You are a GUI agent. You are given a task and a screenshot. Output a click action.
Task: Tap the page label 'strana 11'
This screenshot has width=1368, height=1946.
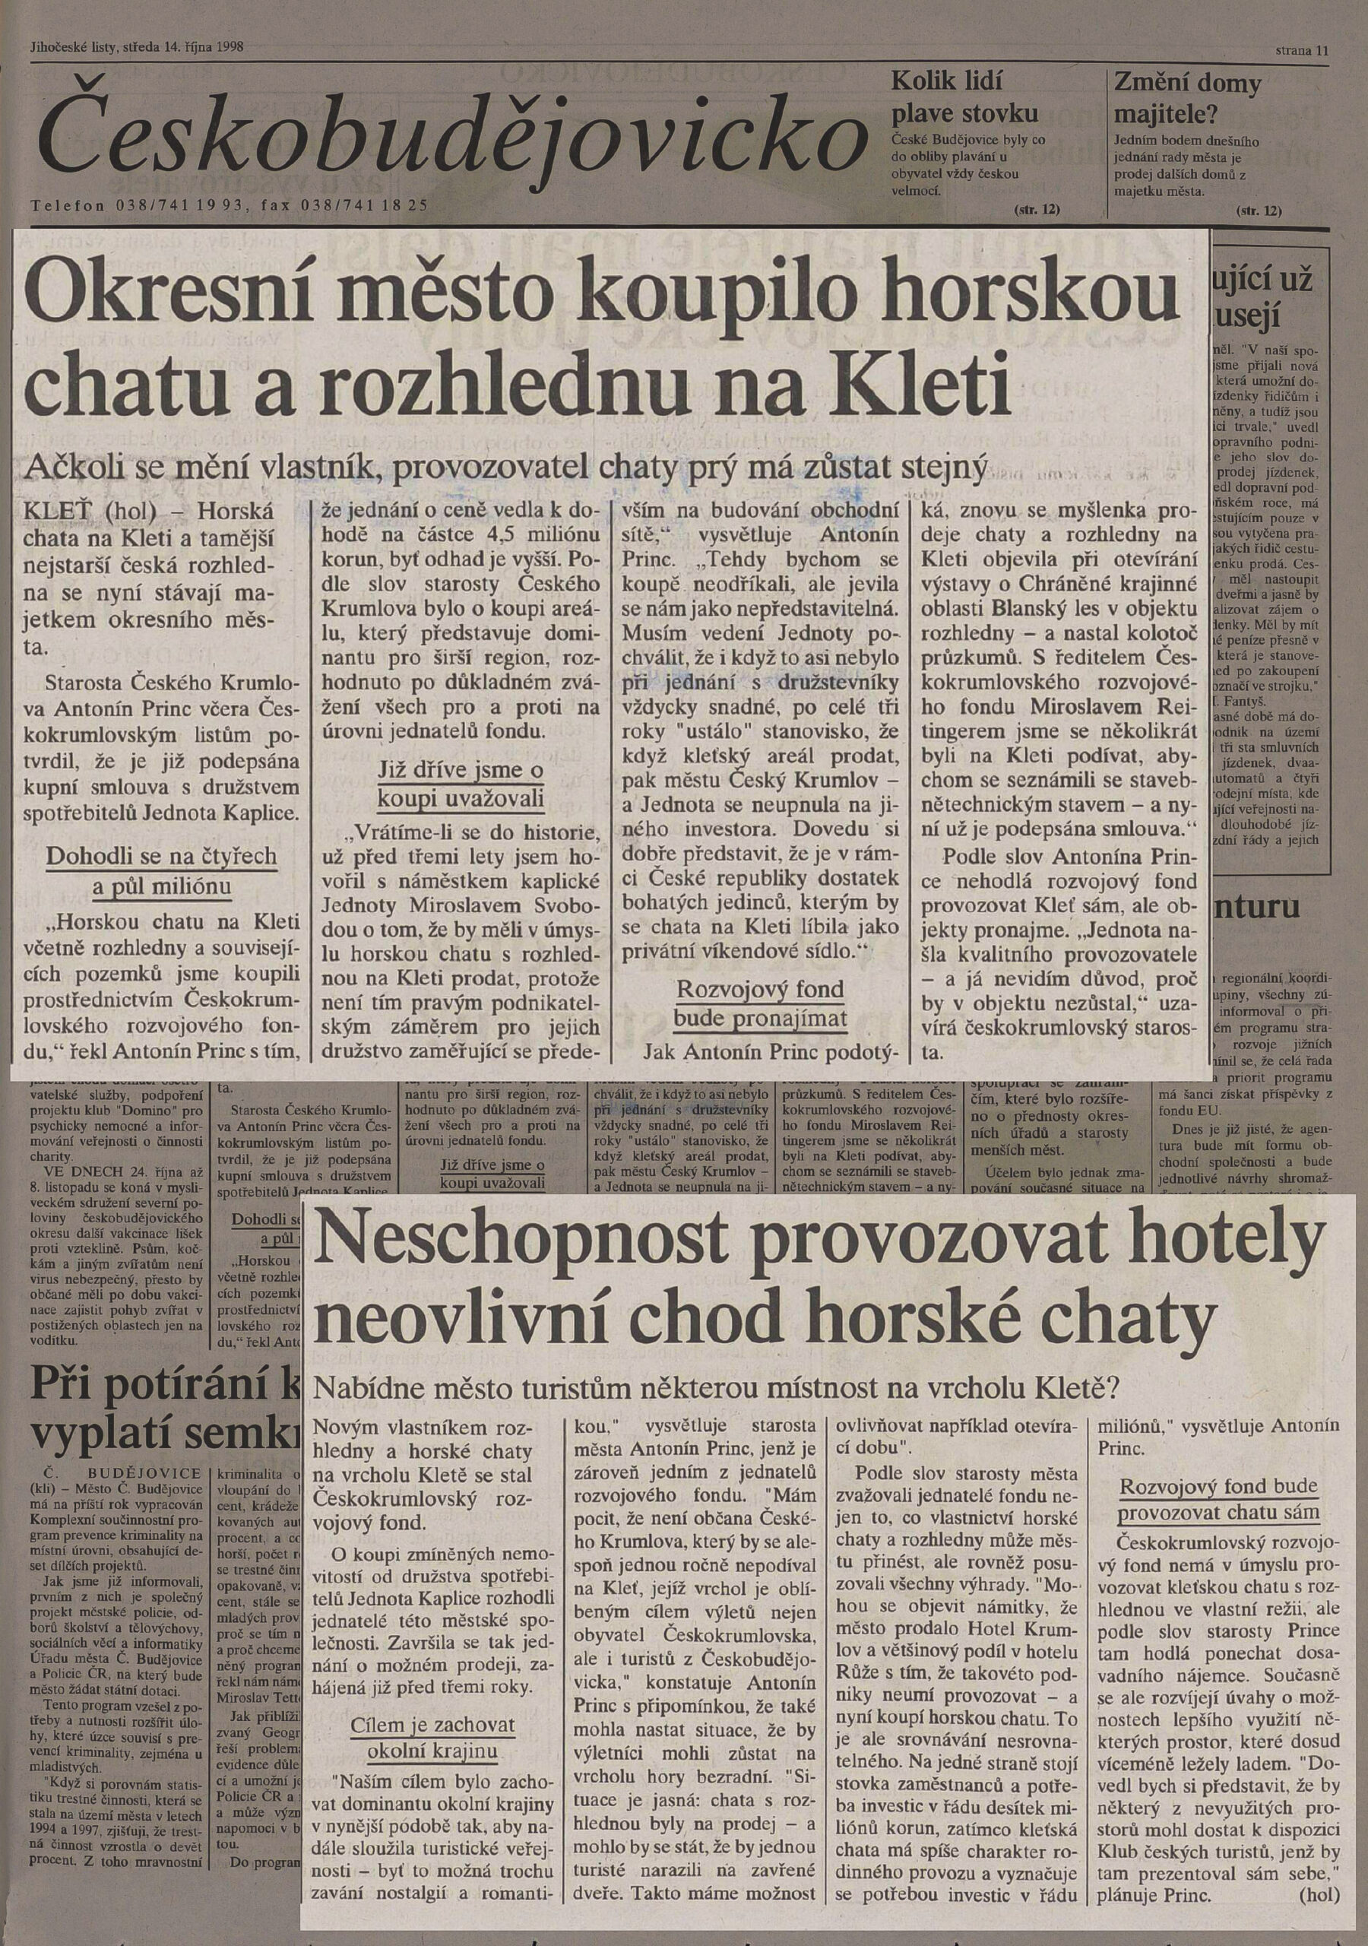(1302, 51)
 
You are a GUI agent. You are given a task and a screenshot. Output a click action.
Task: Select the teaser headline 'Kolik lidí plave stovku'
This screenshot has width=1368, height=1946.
(964, 97)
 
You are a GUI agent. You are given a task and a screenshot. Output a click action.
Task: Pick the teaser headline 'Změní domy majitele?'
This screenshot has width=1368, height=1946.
(1186, 97)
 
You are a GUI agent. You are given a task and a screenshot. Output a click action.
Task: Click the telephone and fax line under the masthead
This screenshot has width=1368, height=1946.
(229, 205)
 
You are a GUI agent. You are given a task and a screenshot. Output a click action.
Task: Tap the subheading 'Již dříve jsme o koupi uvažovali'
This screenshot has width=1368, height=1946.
(461, 784)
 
